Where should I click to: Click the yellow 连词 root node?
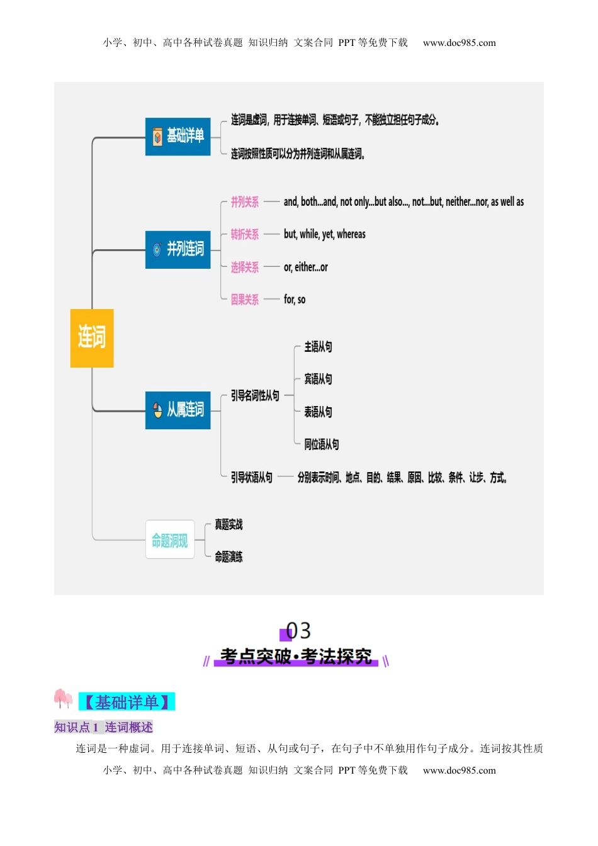92,338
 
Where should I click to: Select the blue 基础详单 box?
178,137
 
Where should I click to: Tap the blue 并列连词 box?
178,250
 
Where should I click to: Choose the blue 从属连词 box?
178,410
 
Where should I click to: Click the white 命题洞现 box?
170,539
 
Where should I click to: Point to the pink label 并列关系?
244,202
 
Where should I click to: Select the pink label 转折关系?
244,235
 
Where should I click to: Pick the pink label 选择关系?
244,268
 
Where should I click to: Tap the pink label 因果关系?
244,300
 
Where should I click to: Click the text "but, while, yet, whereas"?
324,234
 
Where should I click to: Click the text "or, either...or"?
305,267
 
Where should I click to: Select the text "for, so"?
295,300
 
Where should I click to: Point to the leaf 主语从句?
318,347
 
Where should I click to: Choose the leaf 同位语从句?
321,444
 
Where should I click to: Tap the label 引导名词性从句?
255,396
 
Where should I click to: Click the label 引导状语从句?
252,477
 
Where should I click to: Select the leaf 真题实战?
228,524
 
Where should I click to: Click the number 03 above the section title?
298,630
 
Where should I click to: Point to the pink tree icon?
63,698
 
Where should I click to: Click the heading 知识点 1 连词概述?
103,728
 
